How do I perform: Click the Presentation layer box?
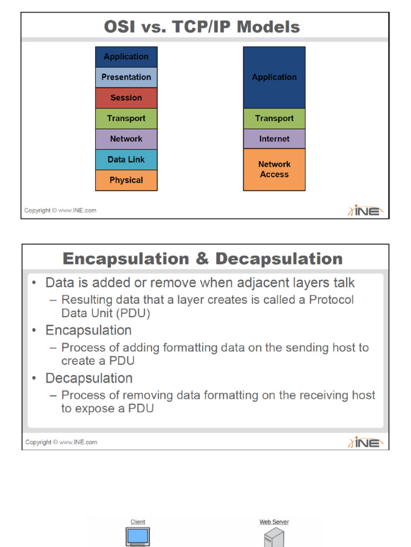pyautogui.click(x=126, y=77)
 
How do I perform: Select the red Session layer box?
pyautogui.click(x=126, y=98)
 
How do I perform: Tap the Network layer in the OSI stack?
pyautogui.click(x=126, y=139)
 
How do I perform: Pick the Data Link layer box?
pyautogui.click(x=126, y=159)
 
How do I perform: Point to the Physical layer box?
pyautogui.click(x=126, y=180)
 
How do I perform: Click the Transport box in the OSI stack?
pyautogui.click(x=126, y=118)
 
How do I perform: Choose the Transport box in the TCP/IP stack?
pyautogui.click(x=274, y=118)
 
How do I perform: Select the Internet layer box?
pyautogui.click(x=274, y=139)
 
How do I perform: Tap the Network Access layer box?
pyautogui.click(x=274, y=169)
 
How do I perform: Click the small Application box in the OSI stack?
pyautogui.click(x=126, y=57)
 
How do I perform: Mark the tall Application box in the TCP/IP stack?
pyautogui.click(x=274, y=77)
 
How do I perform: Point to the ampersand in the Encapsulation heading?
pyautogui.click(x=202, y=259)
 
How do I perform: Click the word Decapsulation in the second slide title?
pyautogui.click(x=279, y=259)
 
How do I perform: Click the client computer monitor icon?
pyautogui.click(x=138, y=536)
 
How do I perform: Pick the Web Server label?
pyautogui.click(x=274, y=522)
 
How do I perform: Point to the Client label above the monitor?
pyautogui.click(x=138, y=522)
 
